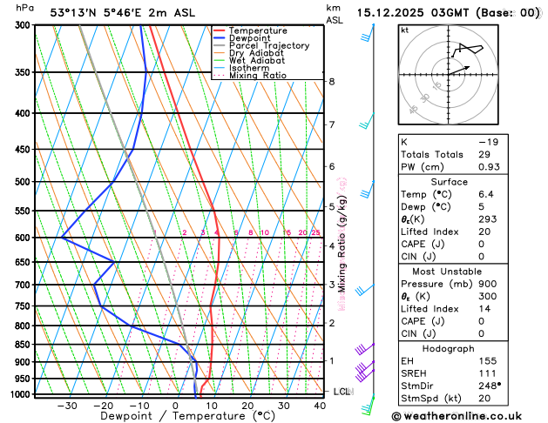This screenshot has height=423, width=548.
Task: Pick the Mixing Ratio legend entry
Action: (x=258, y=76)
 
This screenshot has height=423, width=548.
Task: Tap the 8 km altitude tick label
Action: (x=331, y=82)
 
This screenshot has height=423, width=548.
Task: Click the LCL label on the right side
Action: (x=342, y=392)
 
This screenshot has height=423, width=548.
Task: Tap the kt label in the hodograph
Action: (x=404, y=30)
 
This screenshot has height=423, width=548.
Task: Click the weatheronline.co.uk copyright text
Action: (x=461, y=415)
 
